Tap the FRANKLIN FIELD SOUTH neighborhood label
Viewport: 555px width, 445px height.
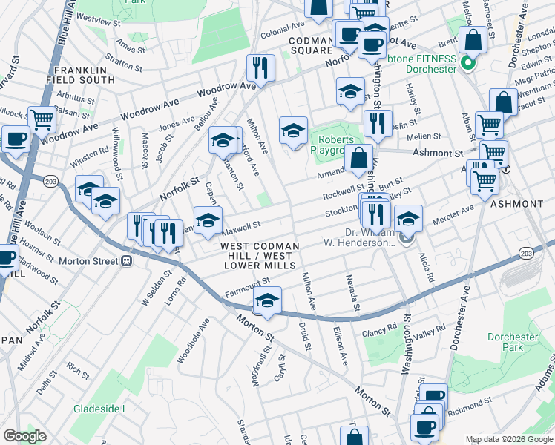tap(85, 75)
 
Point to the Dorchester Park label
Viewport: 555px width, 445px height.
tap(512, 342)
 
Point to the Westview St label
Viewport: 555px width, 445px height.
tap(98, 16)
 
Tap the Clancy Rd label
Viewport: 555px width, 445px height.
tap(380, 329)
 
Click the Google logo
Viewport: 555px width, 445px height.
tap(24, 436)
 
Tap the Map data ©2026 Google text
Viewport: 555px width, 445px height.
tap(508, 439)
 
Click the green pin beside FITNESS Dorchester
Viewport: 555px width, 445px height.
tap(467, 63)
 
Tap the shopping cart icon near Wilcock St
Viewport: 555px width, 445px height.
tap(42, 119)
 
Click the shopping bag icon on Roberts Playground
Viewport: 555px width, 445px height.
tap(359, 158)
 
